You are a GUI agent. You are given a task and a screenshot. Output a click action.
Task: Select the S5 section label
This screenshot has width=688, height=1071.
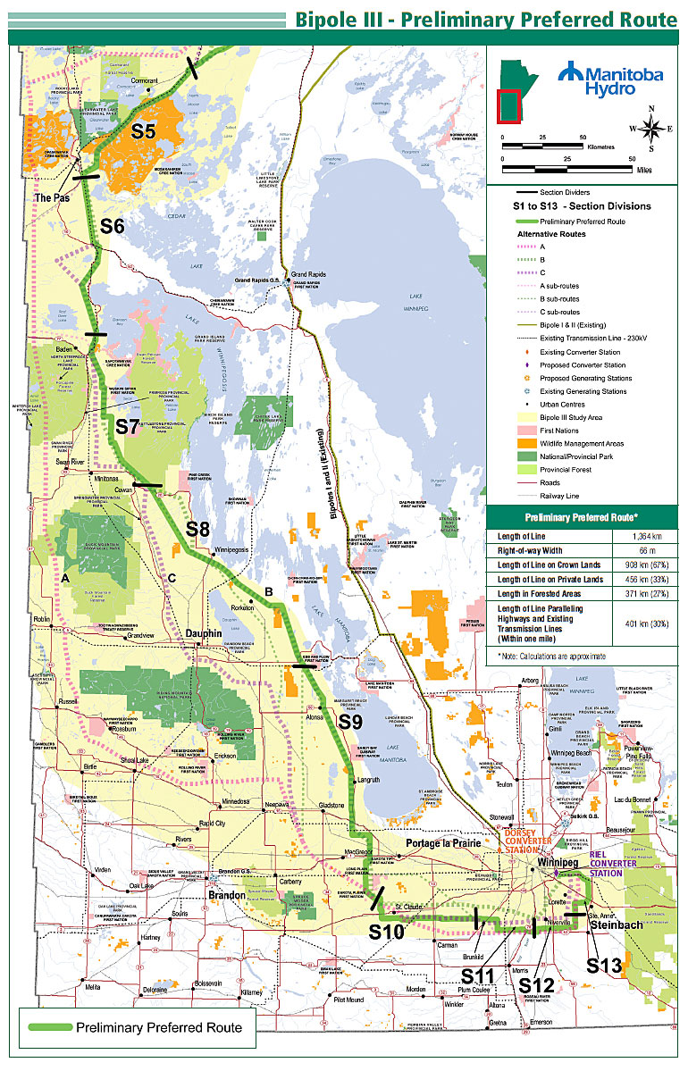coord(144,131)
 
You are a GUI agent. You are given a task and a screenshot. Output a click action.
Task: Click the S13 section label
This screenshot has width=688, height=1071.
coord(604,965)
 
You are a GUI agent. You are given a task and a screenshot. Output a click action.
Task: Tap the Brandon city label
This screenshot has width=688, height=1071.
coord(227,893)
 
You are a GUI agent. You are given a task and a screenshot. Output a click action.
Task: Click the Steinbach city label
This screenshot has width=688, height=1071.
coord(616,925)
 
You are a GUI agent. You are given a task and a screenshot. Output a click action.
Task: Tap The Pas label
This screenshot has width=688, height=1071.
coord(52,197)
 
